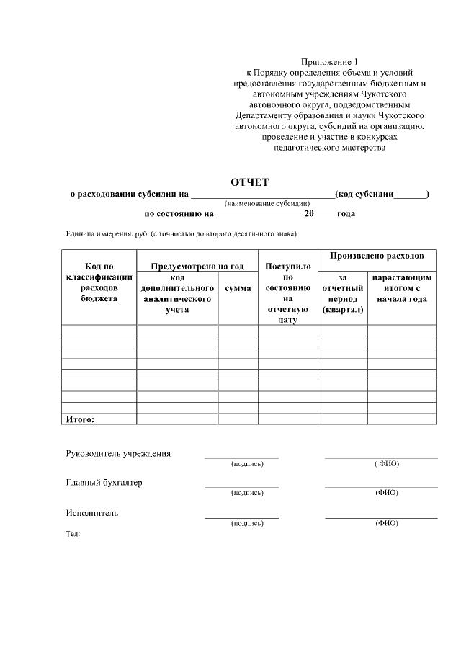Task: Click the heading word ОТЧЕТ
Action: [x=249, y=182]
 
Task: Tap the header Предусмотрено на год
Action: [x=197, y=267]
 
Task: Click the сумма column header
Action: [x=238, y=288]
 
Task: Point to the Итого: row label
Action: [x=81, y=419]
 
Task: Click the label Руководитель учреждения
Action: [x=118, y=454]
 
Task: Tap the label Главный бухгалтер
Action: [x=104, y=483]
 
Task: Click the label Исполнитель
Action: [x=92, y=513]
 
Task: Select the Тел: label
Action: [x=73, y=534]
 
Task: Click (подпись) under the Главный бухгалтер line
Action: [x=247, y=493]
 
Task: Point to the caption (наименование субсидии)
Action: [x=267, y=204]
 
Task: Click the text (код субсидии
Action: [x=364, y=194]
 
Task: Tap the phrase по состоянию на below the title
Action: [x=179, y=214]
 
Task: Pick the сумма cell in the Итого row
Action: [x=238, y=419]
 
